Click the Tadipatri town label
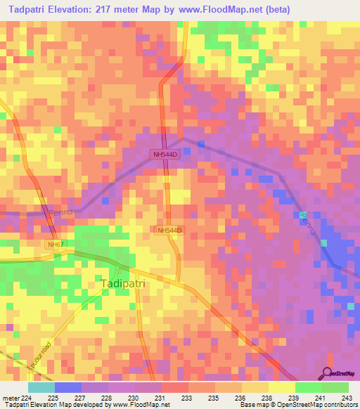[x=127, y=283]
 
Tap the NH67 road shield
[x=56, y=245]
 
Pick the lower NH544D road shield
[x=169, y=230]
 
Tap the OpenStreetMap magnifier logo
[x=327, y=373]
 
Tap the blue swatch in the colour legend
[x=68, y=387]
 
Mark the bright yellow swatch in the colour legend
[x=282, y=387]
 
